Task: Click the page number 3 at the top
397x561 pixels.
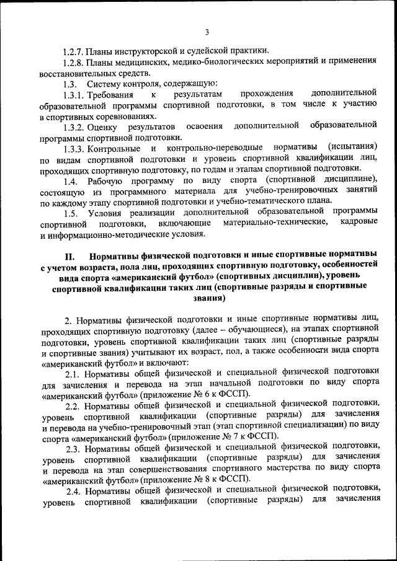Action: pyautogui.click(x=207, y=32)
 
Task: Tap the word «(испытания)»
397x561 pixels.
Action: pyautogui.click(x=352, y=148)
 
